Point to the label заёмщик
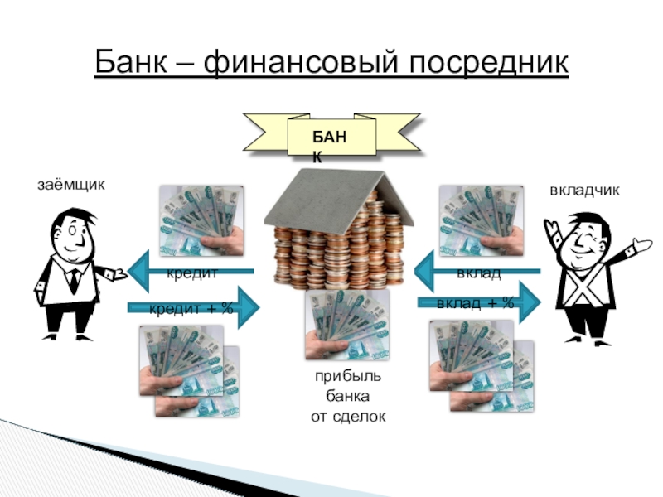72,184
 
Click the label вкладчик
585,191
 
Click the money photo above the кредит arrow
201,219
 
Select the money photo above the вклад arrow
482,219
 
